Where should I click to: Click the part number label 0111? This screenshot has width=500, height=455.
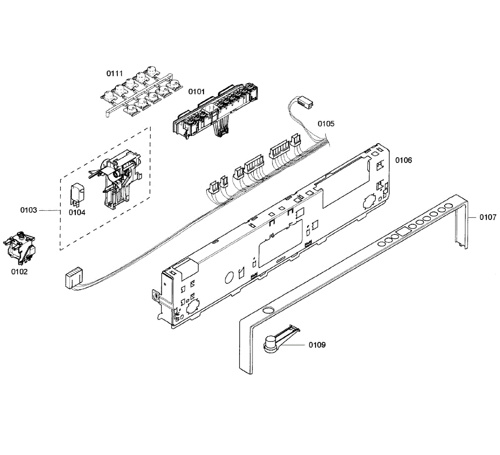coord(115,74)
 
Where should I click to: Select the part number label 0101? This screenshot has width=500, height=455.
coord(197,92)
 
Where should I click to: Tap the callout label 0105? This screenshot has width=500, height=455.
coord(326,124)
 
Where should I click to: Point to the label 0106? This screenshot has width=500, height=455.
coord(403,160)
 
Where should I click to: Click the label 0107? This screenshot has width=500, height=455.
coord(487,217)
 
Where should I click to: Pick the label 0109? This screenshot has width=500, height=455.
coord(317,345)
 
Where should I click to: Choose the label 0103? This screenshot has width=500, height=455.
coord(29,210)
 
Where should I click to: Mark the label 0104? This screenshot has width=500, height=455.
coord(77,213)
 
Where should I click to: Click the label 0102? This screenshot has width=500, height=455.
coord(19,272)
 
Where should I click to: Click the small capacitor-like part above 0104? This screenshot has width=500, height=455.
coord(78,194)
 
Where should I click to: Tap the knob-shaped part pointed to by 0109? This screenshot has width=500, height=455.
coord(271,344)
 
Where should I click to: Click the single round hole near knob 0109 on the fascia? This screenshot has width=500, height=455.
coord(267,311)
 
